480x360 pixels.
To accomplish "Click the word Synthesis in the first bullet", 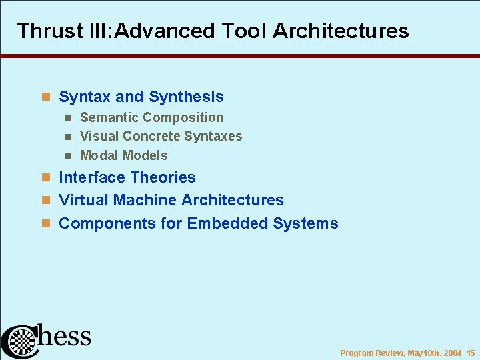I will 186,97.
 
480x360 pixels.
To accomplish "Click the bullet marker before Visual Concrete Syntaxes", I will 67,137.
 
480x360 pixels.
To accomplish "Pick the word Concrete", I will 152,136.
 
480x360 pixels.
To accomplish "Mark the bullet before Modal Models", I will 67,156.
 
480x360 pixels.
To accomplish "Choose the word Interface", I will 93,177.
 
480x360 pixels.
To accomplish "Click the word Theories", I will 163,177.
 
